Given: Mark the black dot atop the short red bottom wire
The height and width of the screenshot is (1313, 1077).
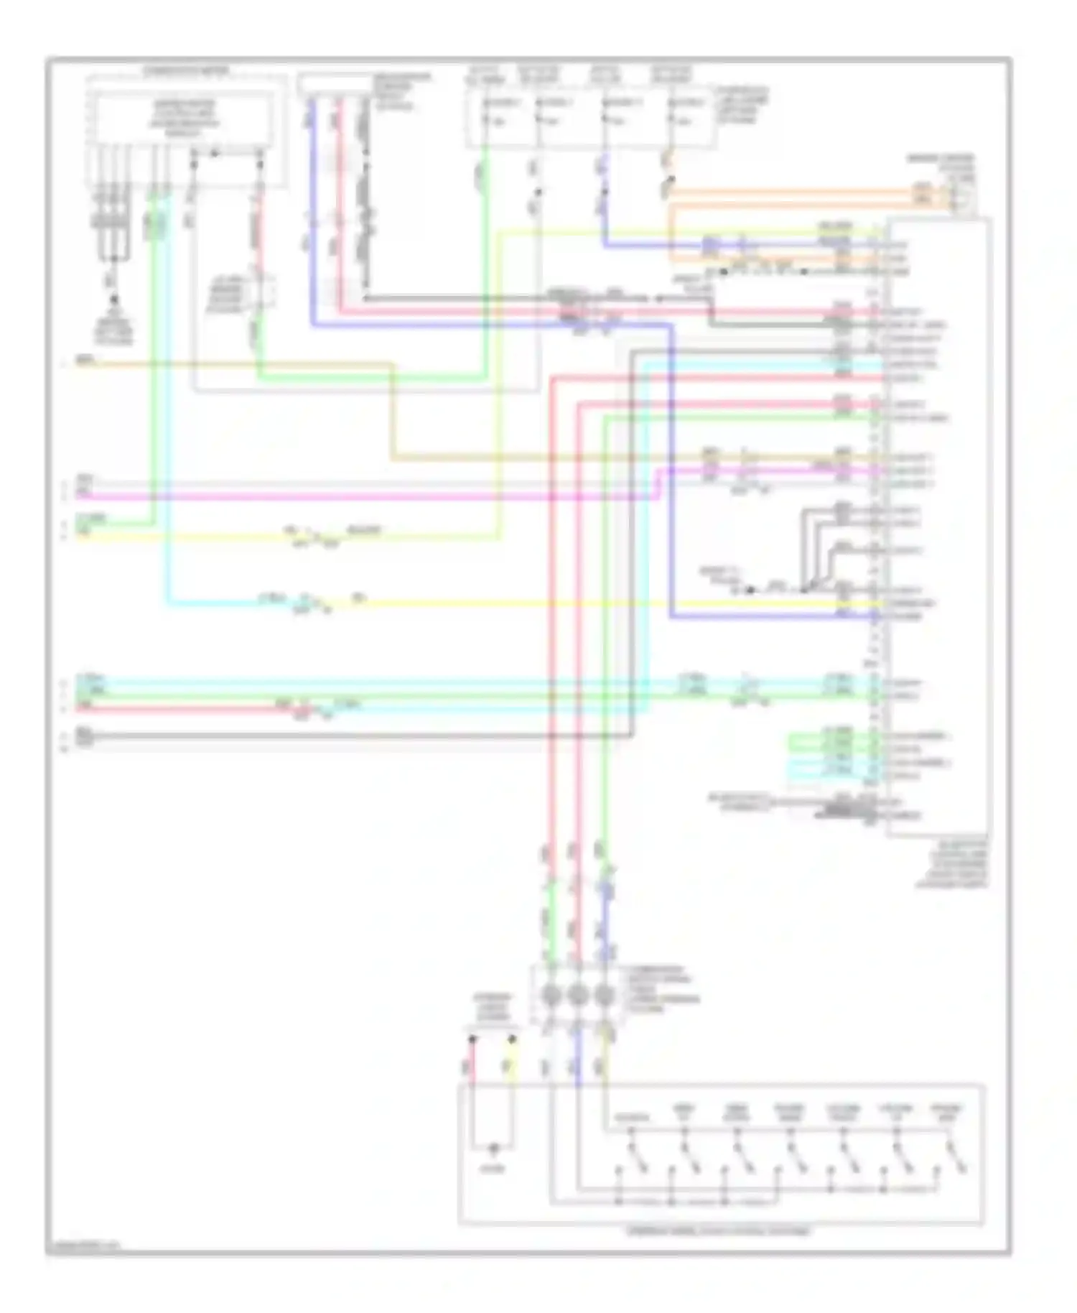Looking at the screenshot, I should [x=472, y=1039].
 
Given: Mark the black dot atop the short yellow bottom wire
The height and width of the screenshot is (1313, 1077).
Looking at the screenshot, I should [x=513, y=1039].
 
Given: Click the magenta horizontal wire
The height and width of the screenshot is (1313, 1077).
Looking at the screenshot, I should [x=359, y=496].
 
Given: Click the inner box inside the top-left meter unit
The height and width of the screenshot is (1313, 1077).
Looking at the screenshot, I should [x=184, y=119].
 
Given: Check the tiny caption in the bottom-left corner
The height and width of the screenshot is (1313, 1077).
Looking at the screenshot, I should [x=83, y=1245].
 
